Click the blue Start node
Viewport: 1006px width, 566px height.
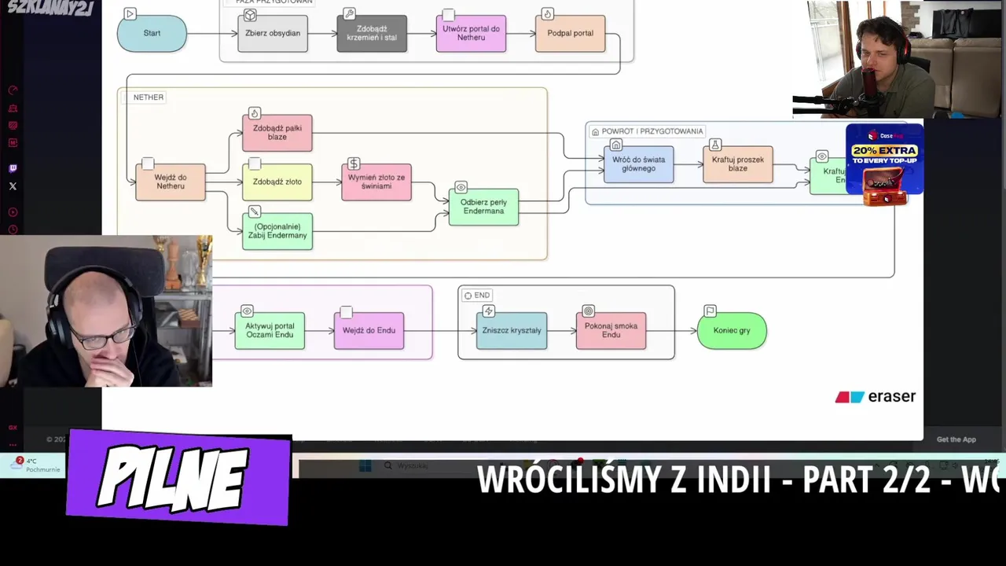152,34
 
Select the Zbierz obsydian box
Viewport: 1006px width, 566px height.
273,34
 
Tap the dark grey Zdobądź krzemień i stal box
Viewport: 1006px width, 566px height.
372,34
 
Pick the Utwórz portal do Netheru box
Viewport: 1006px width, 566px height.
471,34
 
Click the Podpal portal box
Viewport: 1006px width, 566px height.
570,34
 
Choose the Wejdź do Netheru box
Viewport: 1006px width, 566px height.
171,182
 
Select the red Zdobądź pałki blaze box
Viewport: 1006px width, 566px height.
277,133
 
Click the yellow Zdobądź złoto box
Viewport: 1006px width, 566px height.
277,182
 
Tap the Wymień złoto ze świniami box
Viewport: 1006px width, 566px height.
376,182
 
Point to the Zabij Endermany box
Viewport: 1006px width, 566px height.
277,232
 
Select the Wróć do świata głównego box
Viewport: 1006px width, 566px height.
638,164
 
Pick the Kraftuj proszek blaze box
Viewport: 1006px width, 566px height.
737,164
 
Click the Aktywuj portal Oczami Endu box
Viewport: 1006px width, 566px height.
270,331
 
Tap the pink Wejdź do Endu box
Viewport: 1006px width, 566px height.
369,331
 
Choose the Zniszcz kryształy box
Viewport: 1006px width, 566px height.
512,331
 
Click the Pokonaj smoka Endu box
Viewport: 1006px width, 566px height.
611,331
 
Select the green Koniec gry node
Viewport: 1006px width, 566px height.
732,331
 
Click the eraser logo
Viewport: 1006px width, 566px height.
876,397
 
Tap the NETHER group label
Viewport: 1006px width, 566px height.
148,97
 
